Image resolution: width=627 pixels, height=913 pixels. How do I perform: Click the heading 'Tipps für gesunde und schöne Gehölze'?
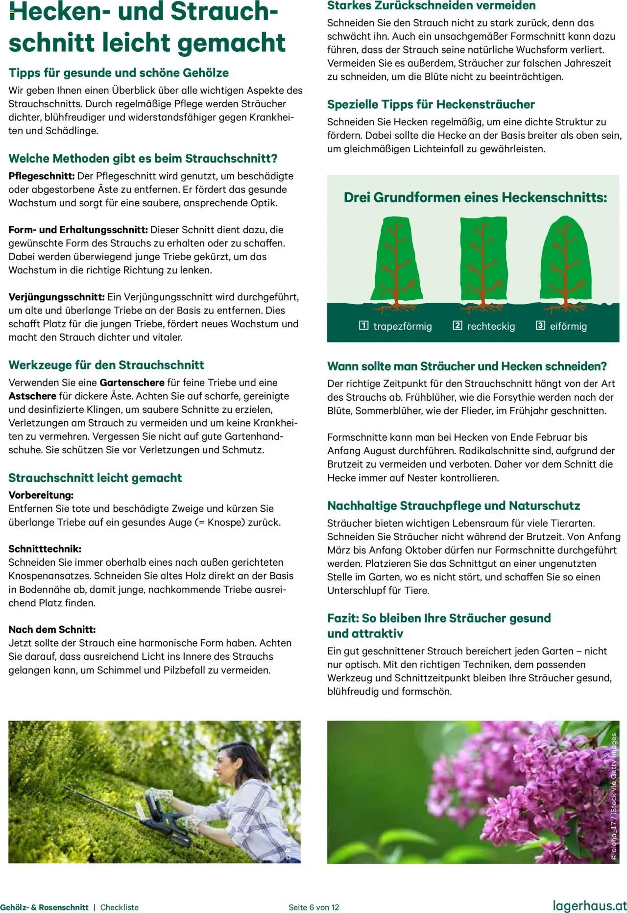tap(119, 73)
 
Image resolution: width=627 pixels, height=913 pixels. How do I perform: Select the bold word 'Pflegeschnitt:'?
tap(42, 176)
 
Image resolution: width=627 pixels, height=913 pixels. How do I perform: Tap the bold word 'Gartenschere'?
tap(132, 383)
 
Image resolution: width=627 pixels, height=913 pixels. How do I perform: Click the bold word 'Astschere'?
tap(32, 396)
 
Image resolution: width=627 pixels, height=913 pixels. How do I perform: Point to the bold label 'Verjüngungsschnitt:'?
tap(56, 297)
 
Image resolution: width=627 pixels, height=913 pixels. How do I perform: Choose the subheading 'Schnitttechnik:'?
tap(45, 549)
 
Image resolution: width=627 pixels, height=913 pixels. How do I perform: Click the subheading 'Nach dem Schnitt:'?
tap(52, 629)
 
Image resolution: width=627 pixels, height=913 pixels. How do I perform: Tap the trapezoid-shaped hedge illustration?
tap(397, 262)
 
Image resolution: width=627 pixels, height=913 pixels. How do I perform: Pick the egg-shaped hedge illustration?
tap(566, 262)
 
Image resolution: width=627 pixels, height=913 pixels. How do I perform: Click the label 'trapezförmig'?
tap(402, 326)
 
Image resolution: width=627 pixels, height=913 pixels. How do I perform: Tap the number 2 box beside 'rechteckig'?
tap(457, 326)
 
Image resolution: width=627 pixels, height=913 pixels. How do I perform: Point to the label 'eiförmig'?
tap(568, 326)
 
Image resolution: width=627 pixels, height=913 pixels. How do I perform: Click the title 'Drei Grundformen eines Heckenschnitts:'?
tap(475, 197)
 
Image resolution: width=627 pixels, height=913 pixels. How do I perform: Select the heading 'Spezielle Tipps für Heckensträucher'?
tap(431, 104)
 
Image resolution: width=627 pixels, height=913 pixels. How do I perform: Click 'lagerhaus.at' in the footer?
tap(590, 906)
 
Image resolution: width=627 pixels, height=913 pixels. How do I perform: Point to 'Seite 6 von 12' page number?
tap(313, 907)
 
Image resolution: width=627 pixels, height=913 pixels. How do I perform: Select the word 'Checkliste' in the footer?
tap(120, 907)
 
